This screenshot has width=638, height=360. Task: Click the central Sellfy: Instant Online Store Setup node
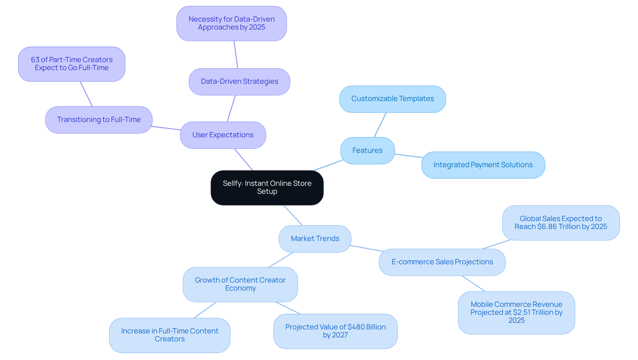[267, 187]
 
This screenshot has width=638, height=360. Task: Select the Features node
[367, 151]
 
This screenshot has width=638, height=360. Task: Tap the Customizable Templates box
[392, 99]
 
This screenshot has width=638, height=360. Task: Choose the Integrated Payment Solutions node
[483, 165]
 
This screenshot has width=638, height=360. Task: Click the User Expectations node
[223, 135]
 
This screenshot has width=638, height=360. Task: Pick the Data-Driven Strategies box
[239, 81]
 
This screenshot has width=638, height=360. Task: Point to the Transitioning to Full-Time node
[99, 120]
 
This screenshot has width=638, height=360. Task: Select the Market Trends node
[315, 239]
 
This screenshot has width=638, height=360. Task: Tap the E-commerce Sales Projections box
[442, 262]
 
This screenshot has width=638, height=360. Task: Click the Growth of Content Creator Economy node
[240, 284]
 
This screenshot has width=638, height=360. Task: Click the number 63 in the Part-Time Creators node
[35, 60]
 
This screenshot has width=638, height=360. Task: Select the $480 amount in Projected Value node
[356, 327]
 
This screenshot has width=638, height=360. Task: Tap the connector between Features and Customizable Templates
[380, 125]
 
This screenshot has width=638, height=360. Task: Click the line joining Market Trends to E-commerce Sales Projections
[367, 249]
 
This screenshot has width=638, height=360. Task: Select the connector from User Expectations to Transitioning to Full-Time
[166, 128]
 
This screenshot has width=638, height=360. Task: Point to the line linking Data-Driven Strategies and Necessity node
[236, 55]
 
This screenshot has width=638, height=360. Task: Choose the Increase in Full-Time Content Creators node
[169, 335]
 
